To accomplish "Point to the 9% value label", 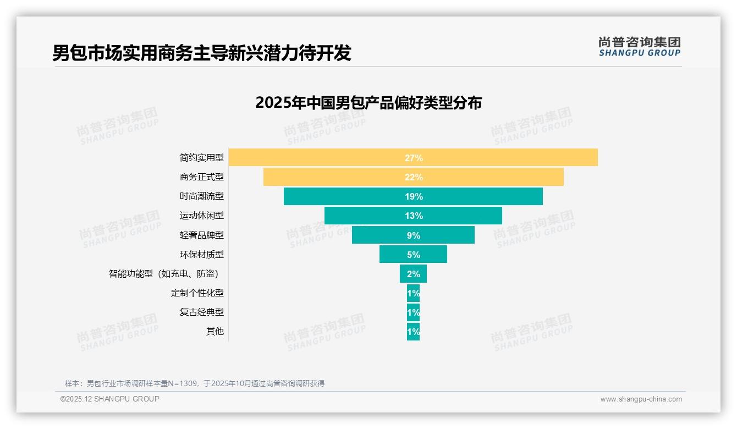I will (x=413, y=235).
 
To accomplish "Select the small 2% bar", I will (x=413, y=274).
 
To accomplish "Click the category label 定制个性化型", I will (x=197, y=293).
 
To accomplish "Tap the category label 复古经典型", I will (x=202, y=312).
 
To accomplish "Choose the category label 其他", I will (x=215, y=332).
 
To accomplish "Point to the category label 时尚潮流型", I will (x=202, y=196).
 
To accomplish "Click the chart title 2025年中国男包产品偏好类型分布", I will (x=369, y=103).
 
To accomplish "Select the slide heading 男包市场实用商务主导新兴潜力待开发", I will (x=202, y=53).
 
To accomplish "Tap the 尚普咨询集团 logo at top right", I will (x=639, y=47).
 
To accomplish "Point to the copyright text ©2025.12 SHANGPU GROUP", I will (x=110, y=399).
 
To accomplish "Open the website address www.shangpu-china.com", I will (x=641, y=399).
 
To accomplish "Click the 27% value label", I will (x=414, y=158).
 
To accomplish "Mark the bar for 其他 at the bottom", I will (x=413, y=332).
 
